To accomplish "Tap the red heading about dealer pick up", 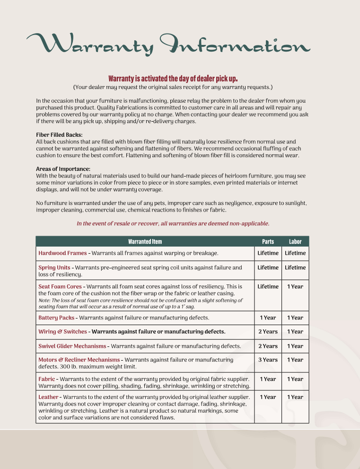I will pos(173,79).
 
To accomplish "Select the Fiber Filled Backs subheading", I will pos(59,135).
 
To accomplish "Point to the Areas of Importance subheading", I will pos(63,169).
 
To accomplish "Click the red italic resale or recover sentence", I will pos(173,223).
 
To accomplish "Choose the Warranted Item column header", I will pos(145,241).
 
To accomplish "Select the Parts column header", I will pos(268,241).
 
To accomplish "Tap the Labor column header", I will pos(295,241).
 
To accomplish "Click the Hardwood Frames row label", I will pos(62,253).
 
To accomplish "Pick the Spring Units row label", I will pos(54,267).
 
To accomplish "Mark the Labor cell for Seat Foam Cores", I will pos(295,286).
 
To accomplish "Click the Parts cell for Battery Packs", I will pos(268,318).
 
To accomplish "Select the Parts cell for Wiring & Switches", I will pos(268,332).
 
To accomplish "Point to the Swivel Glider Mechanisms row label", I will pos(72,346).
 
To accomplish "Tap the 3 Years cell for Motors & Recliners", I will pos(268,360).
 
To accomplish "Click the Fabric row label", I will pos(46,379).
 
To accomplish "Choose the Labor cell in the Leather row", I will pos(295,397).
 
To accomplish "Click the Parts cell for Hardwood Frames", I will pos(268,253).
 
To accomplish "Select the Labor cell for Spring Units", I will pos(295,267).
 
